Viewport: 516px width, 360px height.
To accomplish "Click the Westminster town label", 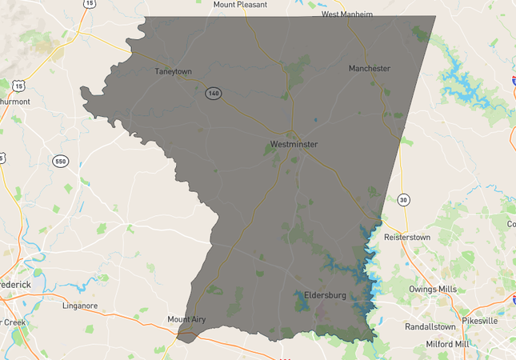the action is point(294,144).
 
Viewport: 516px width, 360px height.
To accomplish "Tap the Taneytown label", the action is point(174,71).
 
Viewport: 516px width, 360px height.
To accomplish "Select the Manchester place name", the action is point(370,68).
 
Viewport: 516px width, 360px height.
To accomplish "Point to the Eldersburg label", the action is point(325,295).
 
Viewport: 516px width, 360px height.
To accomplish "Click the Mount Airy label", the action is point(186,319).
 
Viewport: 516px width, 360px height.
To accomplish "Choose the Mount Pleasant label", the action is point(240,5).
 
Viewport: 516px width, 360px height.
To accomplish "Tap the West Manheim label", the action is point(347,14).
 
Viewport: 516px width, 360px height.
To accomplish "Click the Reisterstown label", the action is point(414,238).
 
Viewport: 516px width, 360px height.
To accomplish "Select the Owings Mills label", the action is point(433,289).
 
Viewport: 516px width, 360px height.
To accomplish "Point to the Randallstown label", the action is point(430,326).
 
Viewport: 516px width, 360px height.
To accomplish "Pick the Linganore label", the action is point(80,305).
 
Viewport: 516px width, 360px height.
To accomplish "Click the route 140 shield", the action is point(212,93).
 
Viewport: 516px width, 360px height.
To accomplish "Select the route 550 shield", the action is point(60,162).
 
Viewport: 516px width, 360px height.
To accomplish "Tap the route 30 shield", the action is point(404,199).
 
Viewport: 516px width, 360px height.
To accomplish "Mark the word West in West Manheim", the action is point(330,14).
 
